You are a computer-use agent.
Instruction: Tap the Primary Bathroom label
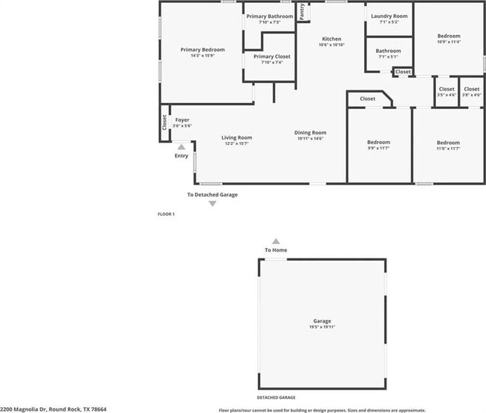(269, 16)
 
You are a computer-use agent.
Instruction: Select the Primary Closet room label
(271, 57)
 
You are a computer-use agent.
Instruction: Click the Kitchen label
(331, 39)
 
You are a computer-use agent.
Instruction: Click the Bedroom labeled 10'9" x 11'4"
(449, 36)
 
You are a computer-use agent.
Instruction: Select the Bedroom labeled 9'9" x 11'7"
(378, 143)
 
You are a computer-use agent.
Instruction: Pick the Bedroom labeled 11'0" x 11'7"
(448, 143)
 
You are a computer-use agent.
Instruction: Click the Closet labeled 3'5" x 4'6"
(446, 89)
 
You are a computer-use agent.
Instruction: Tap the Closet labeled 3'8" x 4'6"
(471, 89)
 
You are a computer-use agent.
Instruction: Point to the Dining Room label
(311, 133)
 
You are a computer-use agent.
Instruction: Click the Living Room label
(236, 137)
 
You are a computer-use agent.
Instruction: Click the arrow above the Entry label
(181, 148)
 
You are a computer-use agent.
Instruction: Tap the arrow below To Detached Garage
(212, 203)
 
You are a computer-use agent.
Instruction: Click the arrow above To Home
(276, 241)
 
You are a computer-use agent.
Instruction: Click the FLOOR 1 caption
(166, 214)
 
